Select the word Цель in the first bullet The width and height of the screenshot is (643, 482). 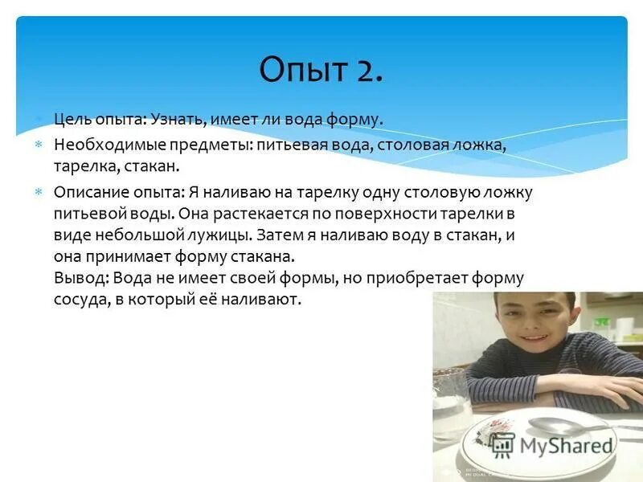click(71, 119)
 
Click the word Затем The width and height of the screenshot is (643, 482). click(285, 236)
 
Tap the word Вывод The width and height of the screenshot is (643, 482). click(80, 279)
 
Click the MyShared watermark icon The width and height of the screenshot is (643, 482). click(502, 445)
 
